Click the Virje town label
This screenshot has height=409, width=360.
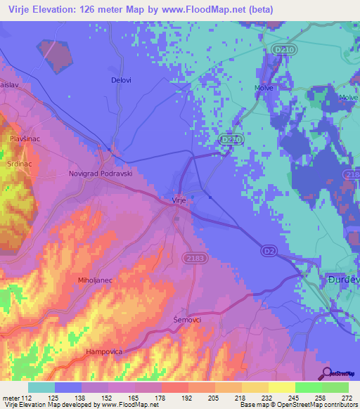click(179, 200)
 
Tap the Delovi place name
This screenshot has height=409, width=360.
click(121, 80)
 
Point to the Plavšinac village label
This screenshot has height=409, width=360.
click(25, 139)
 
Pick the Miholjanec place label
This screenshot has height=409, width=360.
click(95, 280)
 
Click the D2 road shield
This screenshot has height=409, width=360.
click(269, 250)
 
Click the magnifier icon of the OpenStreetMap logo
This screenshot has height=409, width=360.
click(326, 372)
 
